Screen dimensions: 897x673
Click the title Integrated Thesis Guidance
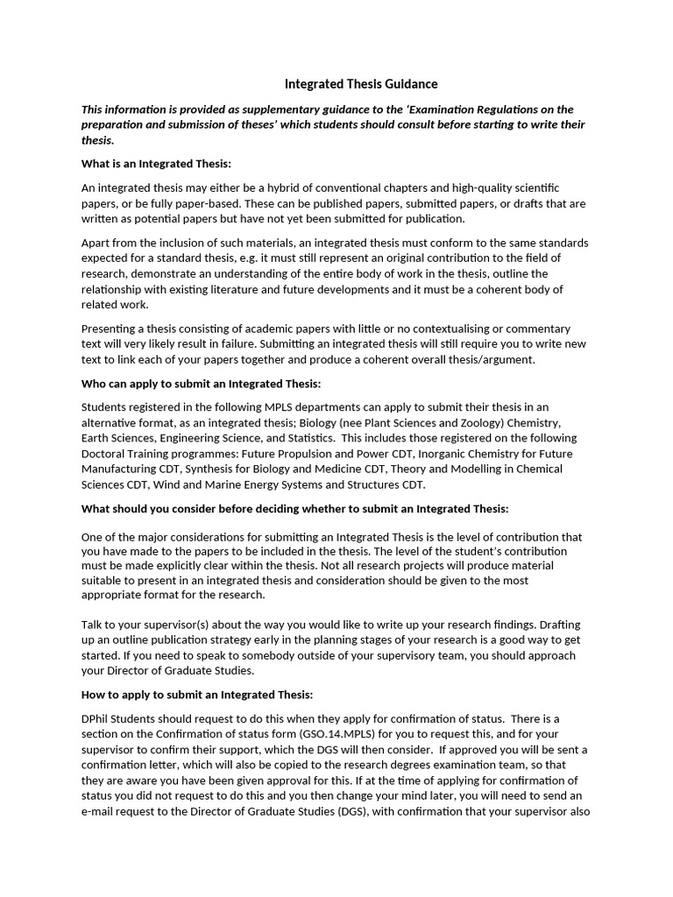pyautogui.click(x=361, y=84)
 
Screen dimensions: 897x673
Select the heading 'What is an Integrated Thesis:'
pyautogui.click(x=156, y=164)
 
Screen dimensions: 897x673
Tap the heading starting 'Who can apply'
pyautogui.click(x=201, y=384)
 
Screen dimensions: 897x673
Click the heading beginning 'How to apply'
pyautogui.click(x=196, y=695)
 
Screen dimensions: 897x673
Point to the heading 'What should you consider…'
pyautogui.click(x=294, y=509)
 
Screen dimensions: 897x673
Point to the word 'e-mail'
pyautogui.click(x=97, y=811)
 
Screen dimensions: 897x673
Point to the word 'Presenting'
pyautogui.click(x=109, y=328)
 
